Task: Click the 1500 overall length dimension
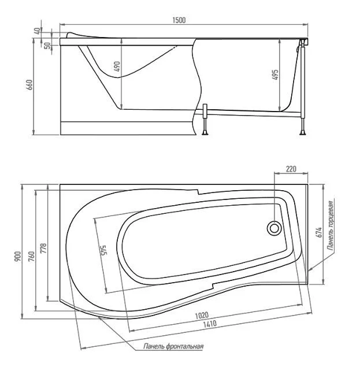(179, 20)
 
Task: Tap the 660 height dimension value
(29, 85)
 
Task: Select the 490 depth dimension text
(117, 66)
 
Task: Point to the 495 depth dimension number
(275, 75)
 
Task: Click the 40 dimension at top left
(37, 31)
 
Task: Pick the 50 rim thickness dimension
(47, 46)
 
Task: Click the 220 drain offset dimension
(291, 169)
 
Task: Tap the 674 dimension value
(319, 232)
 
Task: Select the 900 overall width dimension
(18, 257)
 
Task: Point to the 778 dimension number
(43, 248)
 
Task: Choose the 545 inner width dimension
(103, 251)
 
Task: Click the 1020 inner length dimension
(202, 316)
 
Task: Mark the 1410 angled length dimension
(210, 324)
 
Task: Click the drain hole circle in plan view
(274, 228)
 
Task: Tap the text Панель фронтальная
(173, 346)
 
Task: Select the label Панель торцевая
(331, 225)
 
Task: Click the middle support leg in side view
(205, 120)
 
